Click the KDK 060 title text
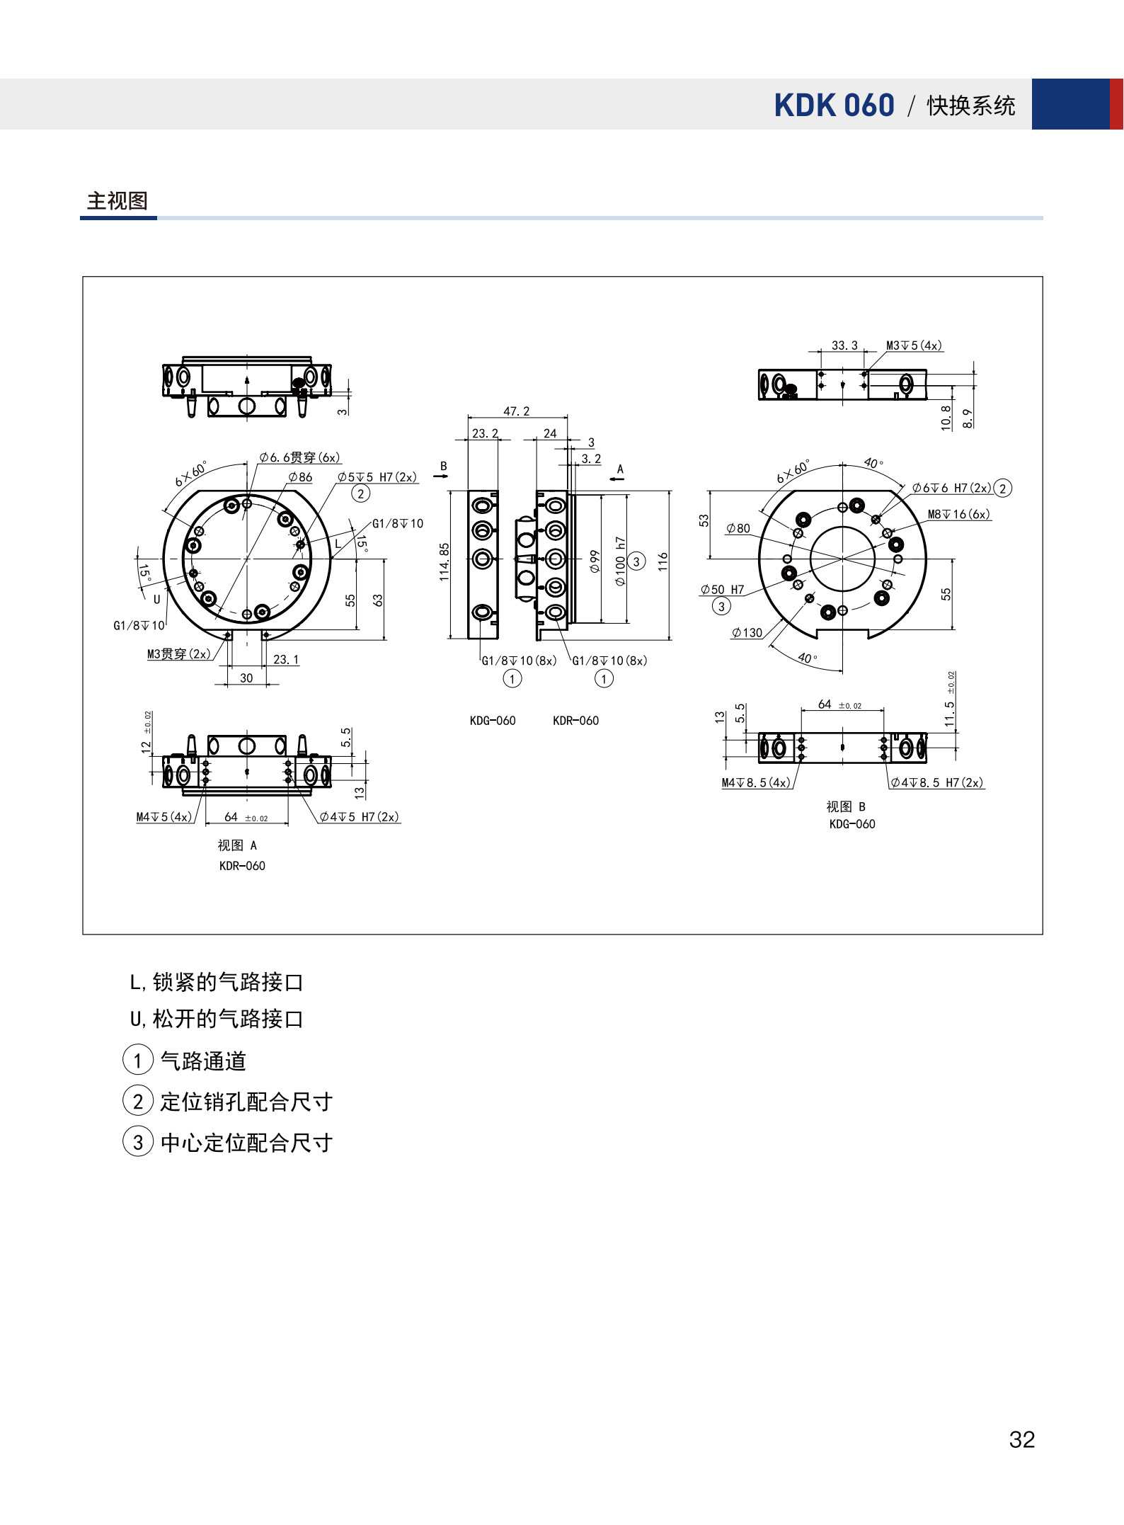tap(834, 105)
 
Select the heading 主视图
tap(117, 201)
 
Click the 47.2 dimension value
tap(517, 411)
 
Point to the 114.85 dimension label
tap(444, 562)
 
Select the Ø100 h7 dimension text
tap(621, 561)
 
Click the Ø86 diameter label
tap(300, 477)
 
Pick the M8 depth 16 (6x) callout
tap(959, 514)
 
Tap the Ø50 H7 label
tap(722, 590)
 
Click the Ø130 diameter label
tap(747, 633)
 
